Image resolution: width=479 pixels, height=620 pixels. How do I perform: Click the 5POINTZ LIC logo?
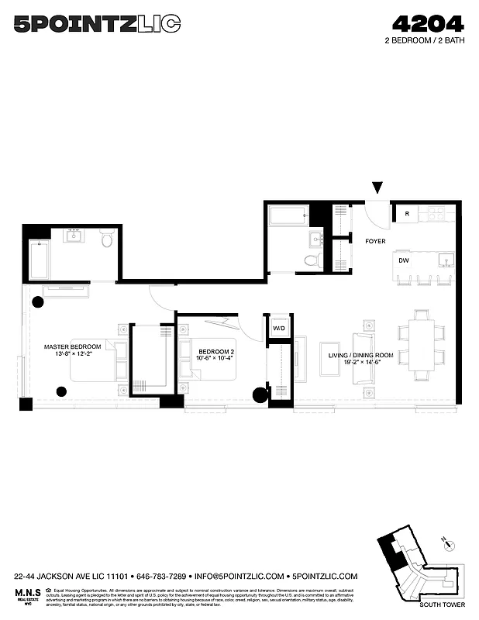click(97, 25)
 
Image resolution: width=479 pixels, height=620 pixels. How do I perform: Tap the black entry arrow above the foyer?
click(377, 188)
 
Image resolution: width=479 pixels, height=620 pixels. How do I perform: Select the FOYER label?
click(375, 242)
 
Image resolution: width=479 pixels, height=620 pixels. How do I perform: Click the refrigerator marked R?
click(405, 213)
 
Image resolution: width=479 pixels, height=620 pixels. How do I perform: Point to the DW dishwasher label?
click(403, 261)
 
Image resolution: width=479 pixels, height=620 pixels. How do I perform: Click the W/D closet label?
click(278, 328)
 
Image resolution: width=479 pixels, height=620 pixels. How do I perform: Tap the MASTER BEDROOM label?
click(73, 346)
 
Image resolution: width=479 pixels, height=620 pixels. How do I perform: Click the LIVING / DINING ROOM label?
click(360, 355)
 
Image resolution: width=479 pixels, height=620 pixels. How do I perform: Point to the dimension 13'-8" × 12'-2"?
click(73, 354)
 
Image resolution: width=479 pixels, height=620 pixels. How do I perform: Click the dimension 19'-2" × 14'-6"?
click(360, 363)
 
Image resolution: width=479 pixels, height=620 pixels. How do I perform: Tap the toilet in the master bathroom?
click(107, 240)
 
